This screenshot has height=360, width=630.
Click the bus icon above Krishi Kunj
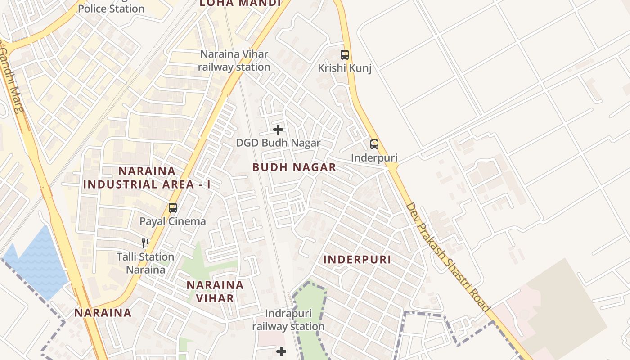[345, 55]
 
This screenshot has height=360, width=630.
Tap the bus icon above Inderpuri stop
[374, 144]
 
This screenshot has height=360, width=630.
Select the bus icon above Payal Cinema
[173, 208]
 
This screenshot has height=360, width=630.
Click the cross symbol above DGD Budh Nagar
[279, 130]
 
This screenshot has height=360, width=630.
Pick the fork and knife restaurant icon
[145, 243]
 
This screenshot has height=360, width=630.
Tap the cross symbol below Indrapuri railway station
[281, 351]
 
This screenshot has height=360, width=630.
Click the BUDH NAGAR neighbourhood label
[294, 167]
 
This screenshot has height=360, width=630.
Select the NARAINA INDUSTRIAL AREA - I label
[147, 178]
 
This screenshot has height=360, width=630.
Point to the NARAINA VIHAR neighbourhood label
[215, 292]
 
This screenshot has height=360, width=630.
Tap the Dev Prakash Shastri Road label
[447, 257]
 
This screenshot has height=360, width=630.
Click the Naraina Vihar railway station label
[234, 61]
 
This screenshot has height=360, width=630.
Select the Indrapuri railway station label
[288, 320]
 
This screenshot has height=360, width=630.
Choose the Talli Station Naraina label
[145, 263]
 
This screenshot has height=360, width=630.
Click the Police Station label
[111, 9]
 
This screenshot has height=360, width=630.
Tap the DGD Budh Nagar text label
[279, 143]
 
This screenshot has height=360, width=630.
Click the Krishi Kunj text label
[345, 68]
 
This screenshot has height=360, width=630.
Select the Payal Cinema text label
[173, 221]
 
